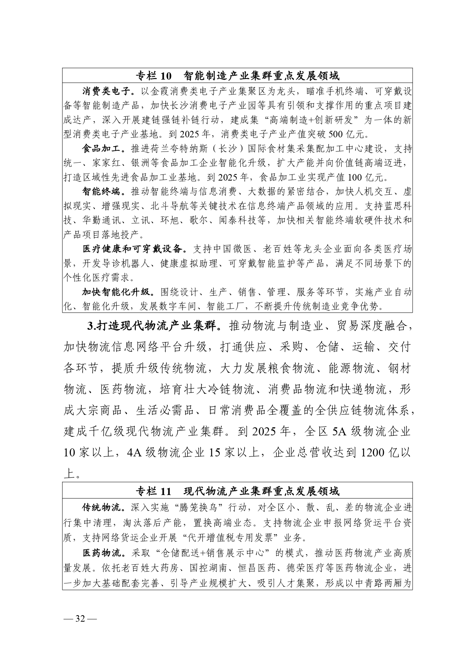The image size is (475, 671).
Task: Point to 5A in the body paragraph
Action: coord(340,432)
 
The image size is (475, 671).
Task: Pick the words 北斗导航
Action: coord(170,206)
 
